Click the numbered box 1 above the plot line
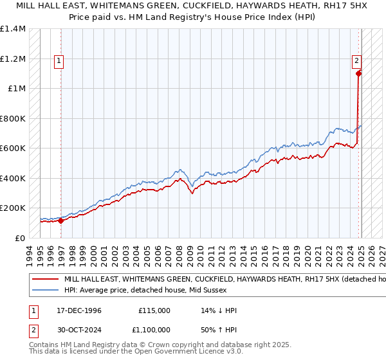click(x=59, y=61)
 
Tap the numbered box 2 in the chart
click(x=356, y=61)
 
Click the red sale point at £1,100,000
click(x=358, y=73)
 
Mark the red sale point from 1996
click(x=60, y=221)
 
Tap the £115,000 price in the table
click(x=154, y=310)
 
